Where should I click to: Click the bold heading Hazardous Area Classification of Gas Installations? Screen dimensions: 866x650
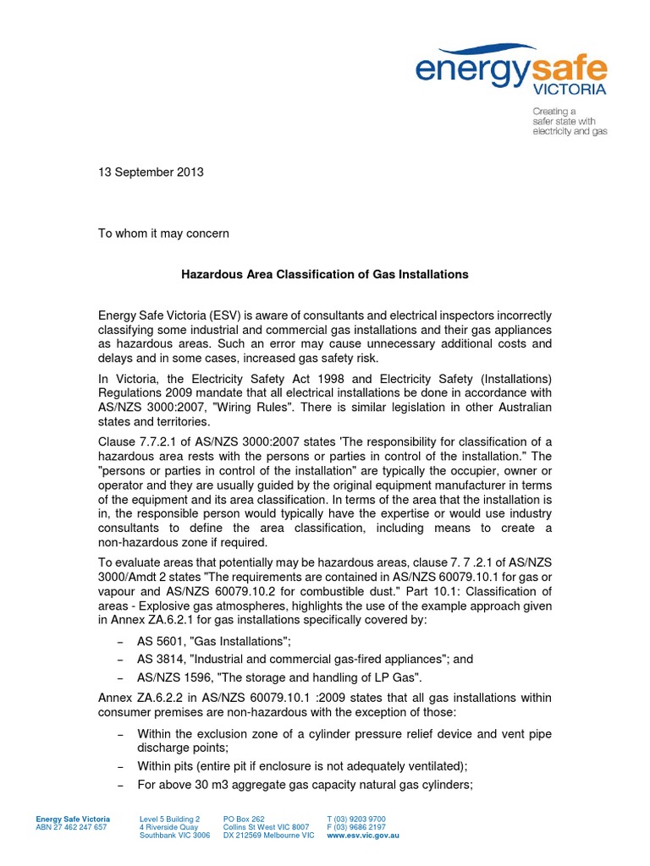pyautogui.click(x=326, y=274)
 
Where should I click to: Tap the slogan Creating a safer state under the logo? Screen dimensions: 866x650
pyautogui.click(x=569, y=121)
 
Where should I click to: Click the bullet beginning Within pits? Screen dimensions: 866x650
pyautogui.click(x=302, y=765)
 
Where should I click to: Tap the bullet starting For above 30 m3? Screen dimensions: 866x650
pyautogui.click(x=305, y=784)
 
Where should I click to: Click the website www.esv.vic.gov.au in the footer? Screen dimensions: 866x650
pyautogui.click(x=362, y=835)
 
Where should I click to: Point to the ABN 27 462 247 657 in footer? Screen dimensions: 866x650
pyautogui.click(x=71, y=827)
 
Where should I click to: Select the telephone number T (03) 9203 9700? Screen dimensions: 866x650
pyautogui.click(x=356, y=819)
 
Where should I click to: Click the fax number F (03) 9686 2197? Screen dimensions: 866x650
pyautogui.click(x=356, y=827)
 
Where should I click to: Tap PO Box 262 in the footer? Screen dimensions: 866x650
pyautogui.click(x=244, y=819)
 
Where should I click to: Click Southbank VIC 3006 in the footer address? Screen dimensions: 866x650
pyautogui.click(x=174, y=835)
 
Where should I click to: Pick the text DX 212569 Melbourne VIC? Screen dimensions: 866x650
pyautogui.click(x=268, y=835)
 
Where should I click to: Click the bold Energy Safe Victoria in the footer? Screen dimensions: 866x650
pyautogui.click(x=73, y=819)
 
